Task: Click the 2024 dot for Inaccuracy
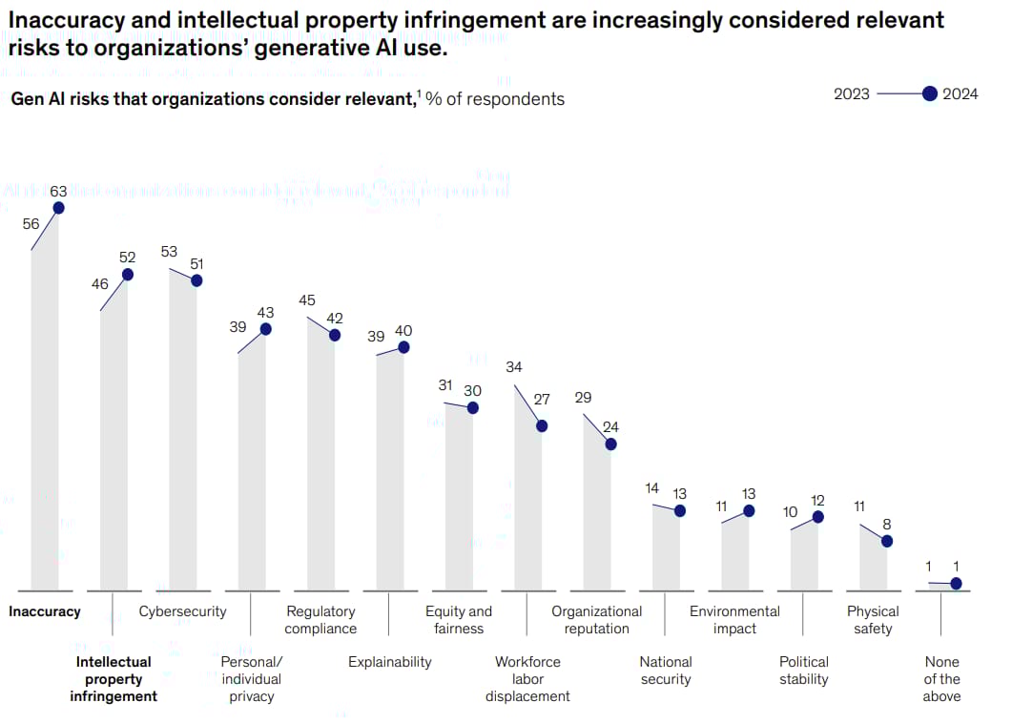pyautogui.click(x=59, y=208)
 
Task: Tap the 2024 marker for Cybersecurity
pyautogui.click(x=196, y=280)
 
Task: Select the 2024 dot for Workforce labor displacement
pyautogui.click(x=542, y=425)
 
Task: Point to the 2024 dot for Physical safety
pyautogui.click(x=887, y=541)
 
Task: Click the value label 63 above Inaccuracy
pyautogui.click(x=59, y=192)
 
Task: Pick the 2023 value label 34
pyautogui.click(x=514, y=367)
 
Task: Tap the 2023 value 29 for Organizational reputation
pyautogui.click(x=583, y=397)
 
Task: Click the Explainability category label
pyautogui.click(x=389, y=662)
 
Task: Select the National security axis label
pyautogui.click(x=666, y=671)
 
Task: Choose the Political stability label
pyautogui.click(x=804, y=671)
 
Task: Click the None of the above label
pyautogui.click(x=941, y=679)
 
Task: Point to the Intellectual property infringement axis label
pyautogui.click(x=114, y=679)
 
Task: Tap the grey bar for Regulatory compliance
pyautogui.click(x=320, y=458)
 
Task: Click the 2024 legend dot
pyautogui.click(x=930, y=93)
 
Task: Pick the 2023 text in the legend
pyautogui.click(x=852, y=93)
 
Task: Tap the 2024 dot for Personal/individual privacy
pyautogui.click(x=265, y=329)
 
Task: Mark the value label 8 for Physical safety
pyautogui.click(x=887, y=524)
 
